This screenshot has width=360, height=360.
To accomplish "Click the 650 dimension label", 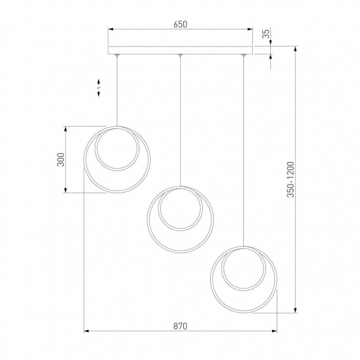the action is [180, 24].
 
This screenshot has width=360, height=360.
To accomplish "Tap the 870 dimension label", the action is [180, 326].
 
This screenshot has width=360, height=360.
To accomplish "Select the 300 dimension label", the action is [61, 160].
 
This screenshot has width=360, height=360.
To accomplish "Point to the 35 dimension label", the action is [266, 34].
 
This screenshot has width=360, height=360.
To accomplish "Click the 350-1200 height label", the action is [290, 179].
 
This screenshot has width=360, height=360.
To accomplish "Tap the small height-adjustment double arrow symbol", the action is [99, 87].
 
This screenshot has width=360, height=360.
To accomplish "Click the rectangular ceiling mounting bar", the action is [180, 50].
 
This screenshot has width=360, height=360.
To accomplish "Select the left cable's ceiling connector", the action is [117, 56].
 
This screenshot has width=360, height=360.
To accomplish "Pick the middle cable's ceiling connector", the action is [180, 56].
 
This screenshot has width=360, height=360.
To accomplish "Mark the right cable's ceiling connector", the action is [243, 56].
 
